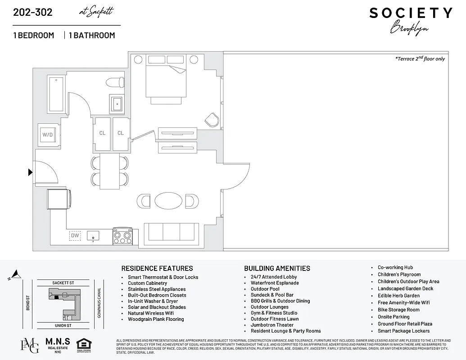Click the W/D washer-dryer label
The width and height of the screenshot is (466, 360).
click(47, 135)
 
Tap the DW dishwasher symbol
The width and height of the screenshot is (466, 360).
click(75, 235)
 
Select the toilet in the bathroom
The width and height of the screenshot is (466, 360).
click(115, 83)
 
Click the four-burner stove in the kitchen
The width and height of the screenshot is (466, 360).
click(122, 235)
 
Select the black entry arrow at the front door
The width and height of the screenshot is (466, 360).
click(30, 172)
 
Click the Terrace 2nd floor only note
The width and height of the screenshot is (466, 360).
click(419, 58)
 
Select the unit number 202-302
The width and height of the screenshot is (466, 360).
click(32, 12)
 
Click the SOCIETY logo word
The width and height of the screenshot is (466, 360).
click(411, 13)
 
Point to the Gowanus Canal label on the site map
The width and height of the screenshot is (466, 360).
click(99, 302)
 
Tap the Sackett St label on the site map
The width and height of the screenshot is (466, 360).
click(63, 283)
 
